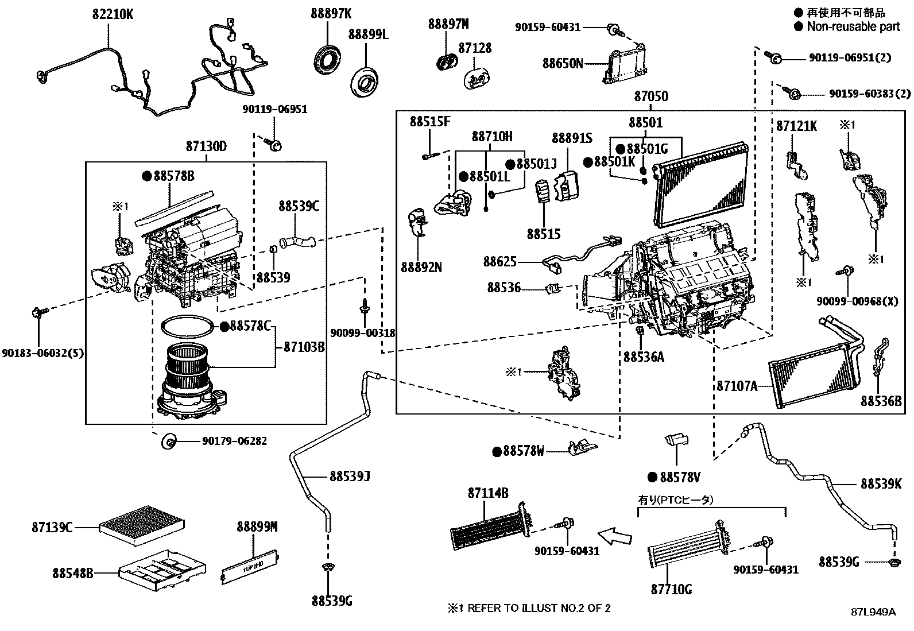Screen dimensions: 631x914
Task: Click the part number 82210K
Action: pyautogui.click(x=113, y=14)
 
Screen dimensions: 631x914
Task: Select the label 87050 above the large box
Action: pyautogui.click(x=650, y=96)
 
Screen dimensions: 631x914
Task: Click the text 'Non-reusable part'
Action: pyautogui.click(x=853, y=26)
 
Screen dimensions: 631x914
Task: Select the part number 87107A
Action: pyautogui.click(x=737, y=386)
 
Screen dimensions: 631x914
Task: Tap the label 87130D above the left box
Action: pyautogui.click(x=206, y=146)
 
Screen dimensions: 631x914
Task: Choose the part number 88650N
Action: pyautogui.click(x=563, y=63)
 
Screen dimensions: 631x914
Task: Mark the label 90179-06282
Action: pyautogui.click(x=234, y=441)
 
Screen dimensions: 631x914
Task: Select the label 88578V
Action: pyautogui.click(x=679, y=477)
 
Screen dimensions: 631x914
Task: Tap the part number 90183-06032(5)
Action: pyautogui.click(x=43, y=353)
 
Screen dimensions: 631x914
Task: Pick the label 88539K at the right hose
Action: pyautogui.click(x=881, y=484)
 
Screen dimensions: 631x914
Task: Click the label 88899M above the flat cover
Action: pyautogui.click(x=257, y=526)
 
